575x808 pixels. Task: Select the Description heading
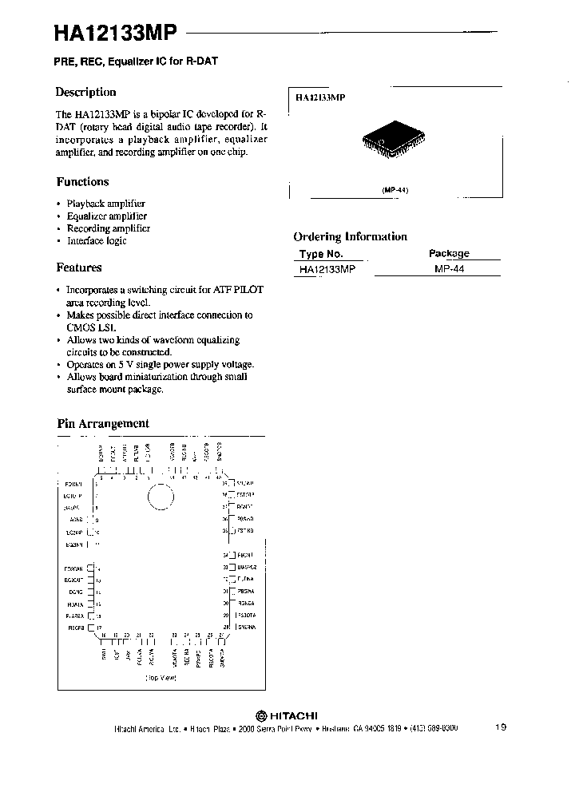click(86, 92)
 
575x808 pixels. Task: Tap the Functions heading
click(82, 182)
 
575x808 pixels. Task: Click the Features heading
click(79, 268)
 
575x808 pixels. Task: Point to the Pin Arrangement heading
click(103, 424)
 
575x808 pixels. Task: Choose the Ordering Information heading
click(350, 237)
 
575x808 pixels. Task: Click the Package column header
click(449, 253)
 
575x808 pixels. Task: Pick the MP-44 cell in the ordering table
click(449, 270)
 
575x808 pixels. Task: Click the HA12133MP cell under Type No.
click(327, 270)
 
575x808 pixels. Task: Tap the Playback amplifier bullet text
click(105, 204)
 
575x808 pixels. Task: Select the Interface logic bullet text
click(97, 240)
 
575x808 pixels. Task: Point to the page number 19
click(501, 727)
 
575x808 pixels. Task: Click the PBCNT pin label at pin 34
click(244, 554)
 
